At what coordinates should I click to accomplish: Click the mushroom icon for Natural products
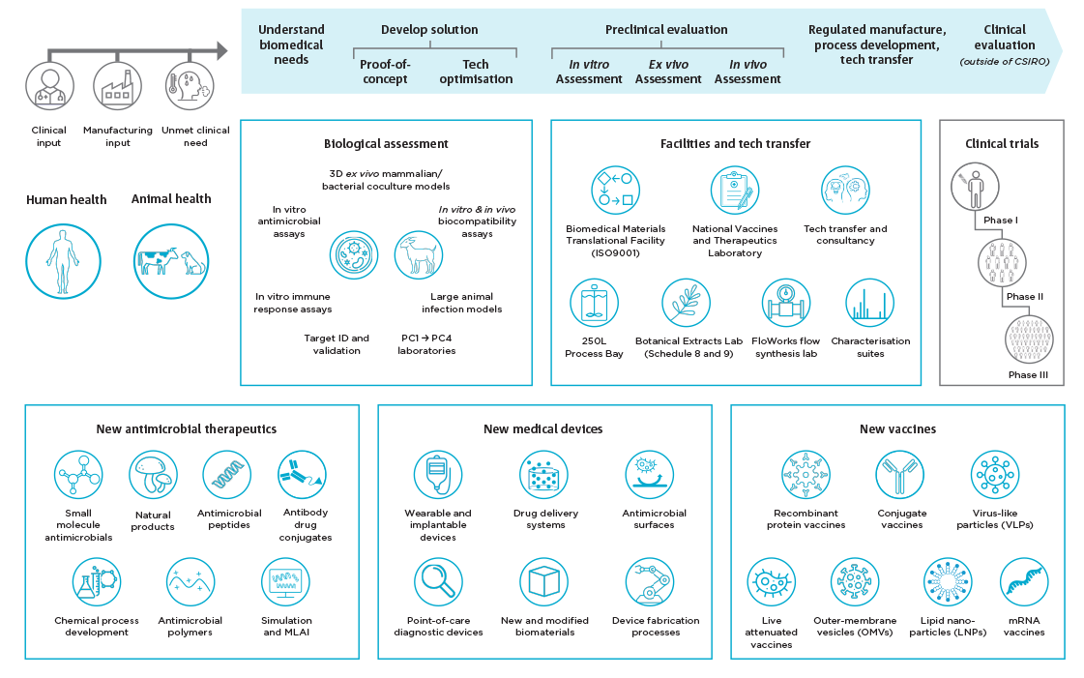point(153,475)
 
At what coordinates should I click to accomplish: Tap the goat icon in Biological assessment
point(419,255)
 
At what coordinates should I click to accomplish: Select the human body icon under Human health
point(63,261)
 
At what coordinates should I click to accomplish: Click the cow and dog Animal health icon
point(171,261)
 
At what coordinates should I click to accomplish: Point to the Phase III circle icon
point(1029,339)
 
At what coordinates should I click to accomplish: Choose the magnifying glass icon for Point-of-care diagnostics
point(438,582)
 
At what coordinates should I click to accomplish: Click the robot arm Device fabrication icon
point(650,582)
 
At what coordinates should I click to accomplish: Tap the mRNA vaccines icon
point(1025,582)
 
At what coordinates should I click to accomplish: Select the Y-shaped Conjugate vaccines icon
point(900,475)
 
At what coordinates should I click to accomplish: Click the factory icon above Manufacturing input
point(118,86)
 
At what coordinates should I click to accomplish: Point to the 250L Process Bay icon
point(594,303)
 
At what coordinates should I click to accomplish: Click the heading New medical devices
point(542,429)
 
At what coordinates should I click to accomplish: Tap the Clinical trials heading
point(1002,144)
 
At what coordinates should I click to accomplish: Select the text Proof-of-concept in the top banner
point(385,72)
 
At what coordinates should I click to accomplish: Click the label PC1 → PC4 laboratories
point(426,344)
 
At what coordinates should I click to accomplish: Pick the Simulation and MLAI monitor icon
point(285,582)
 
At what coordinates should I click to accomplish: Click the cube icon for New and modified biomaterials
point(544,582)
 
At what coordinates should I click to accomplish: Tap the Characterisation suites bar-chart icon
point(869,303)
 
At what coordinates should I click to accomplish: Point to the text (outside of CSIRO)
point(1005,62)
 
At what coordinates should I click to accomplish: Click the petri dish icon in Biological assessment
point(354,255)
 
